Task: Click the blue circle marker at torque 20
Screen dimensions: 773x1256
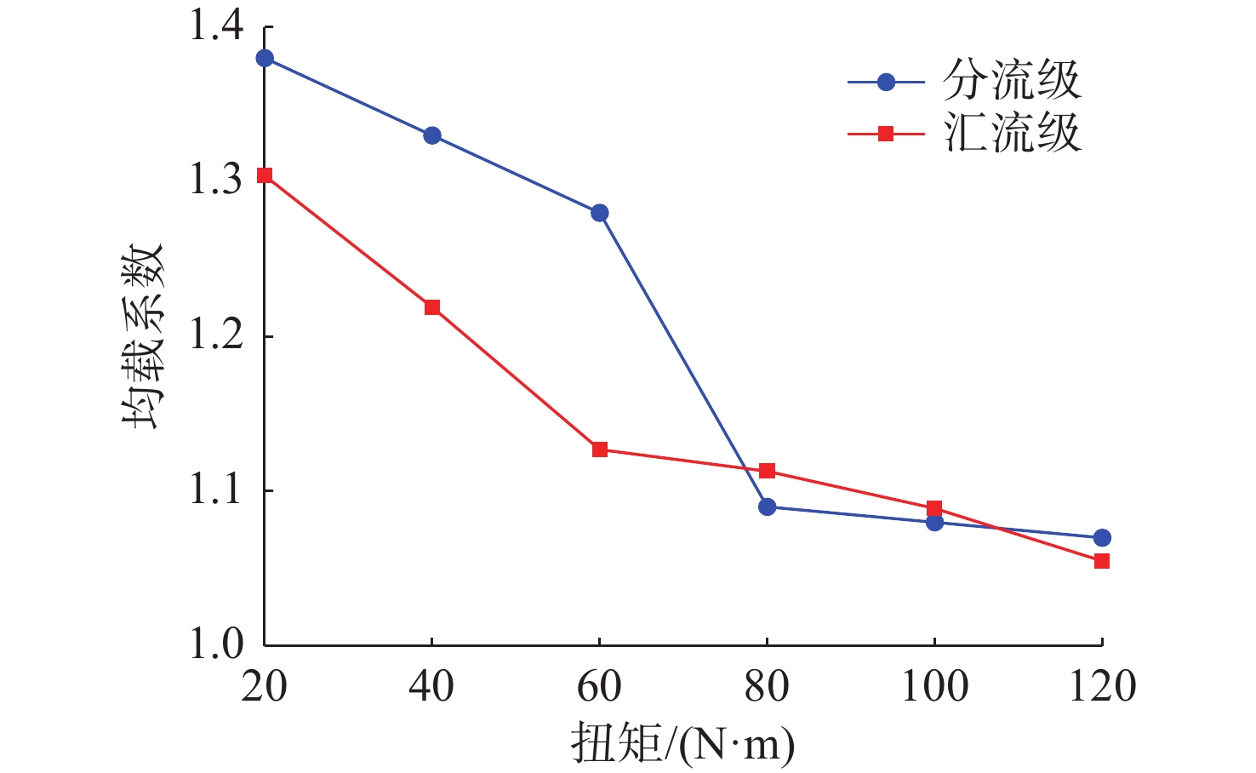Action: tap(265, 58)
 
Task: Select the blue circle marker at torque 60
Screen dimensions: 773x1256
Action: tap(600, 213)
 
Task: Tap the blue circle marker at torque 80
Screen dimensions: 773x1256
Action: tap(768, 507)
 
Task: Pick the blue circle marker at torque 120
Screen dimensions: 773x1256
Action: tap(1102, 538)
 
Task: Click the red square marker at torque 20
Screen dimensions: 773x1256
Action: tap(265, 175)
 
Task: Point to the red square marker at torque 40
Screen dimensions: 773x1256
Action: tap(432, 307)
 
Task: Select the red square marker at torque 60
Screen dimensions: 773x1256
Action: tap(600, 449)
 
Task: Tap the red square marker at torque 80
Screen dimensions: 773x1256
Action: tap(768, 471)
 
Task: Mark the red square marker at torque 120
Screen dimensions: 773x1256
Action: tap(1102, 561)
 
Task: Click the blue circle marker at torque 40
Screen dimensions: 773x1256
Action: tap(432, 135)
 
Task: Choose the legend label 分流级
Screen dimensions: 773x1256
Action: tap(1012, 82)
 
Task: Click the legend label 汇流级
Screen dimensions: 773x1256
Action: tap(1012, 134)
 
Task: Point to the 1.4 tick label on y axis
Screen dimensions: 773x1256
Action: tap(216, 27)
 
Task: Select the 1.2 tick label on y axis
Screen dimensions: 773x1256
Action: tap(216, 336)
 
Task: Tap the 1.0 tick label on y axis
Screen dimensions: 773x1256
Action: tap(216, 644)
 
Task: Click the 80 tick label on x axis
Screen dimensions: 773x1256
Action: tap(768, 687)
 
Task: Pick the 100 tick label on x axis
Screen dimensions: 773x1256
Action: tap(934, 687)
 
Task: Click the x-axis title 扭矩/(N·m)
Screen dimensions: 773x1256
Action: tap(683, 744)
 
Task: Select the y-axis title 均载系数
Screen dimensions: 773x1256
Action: tap(142, 336)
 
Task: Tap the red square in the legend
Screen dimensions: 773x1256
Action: tap(886, 134)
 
